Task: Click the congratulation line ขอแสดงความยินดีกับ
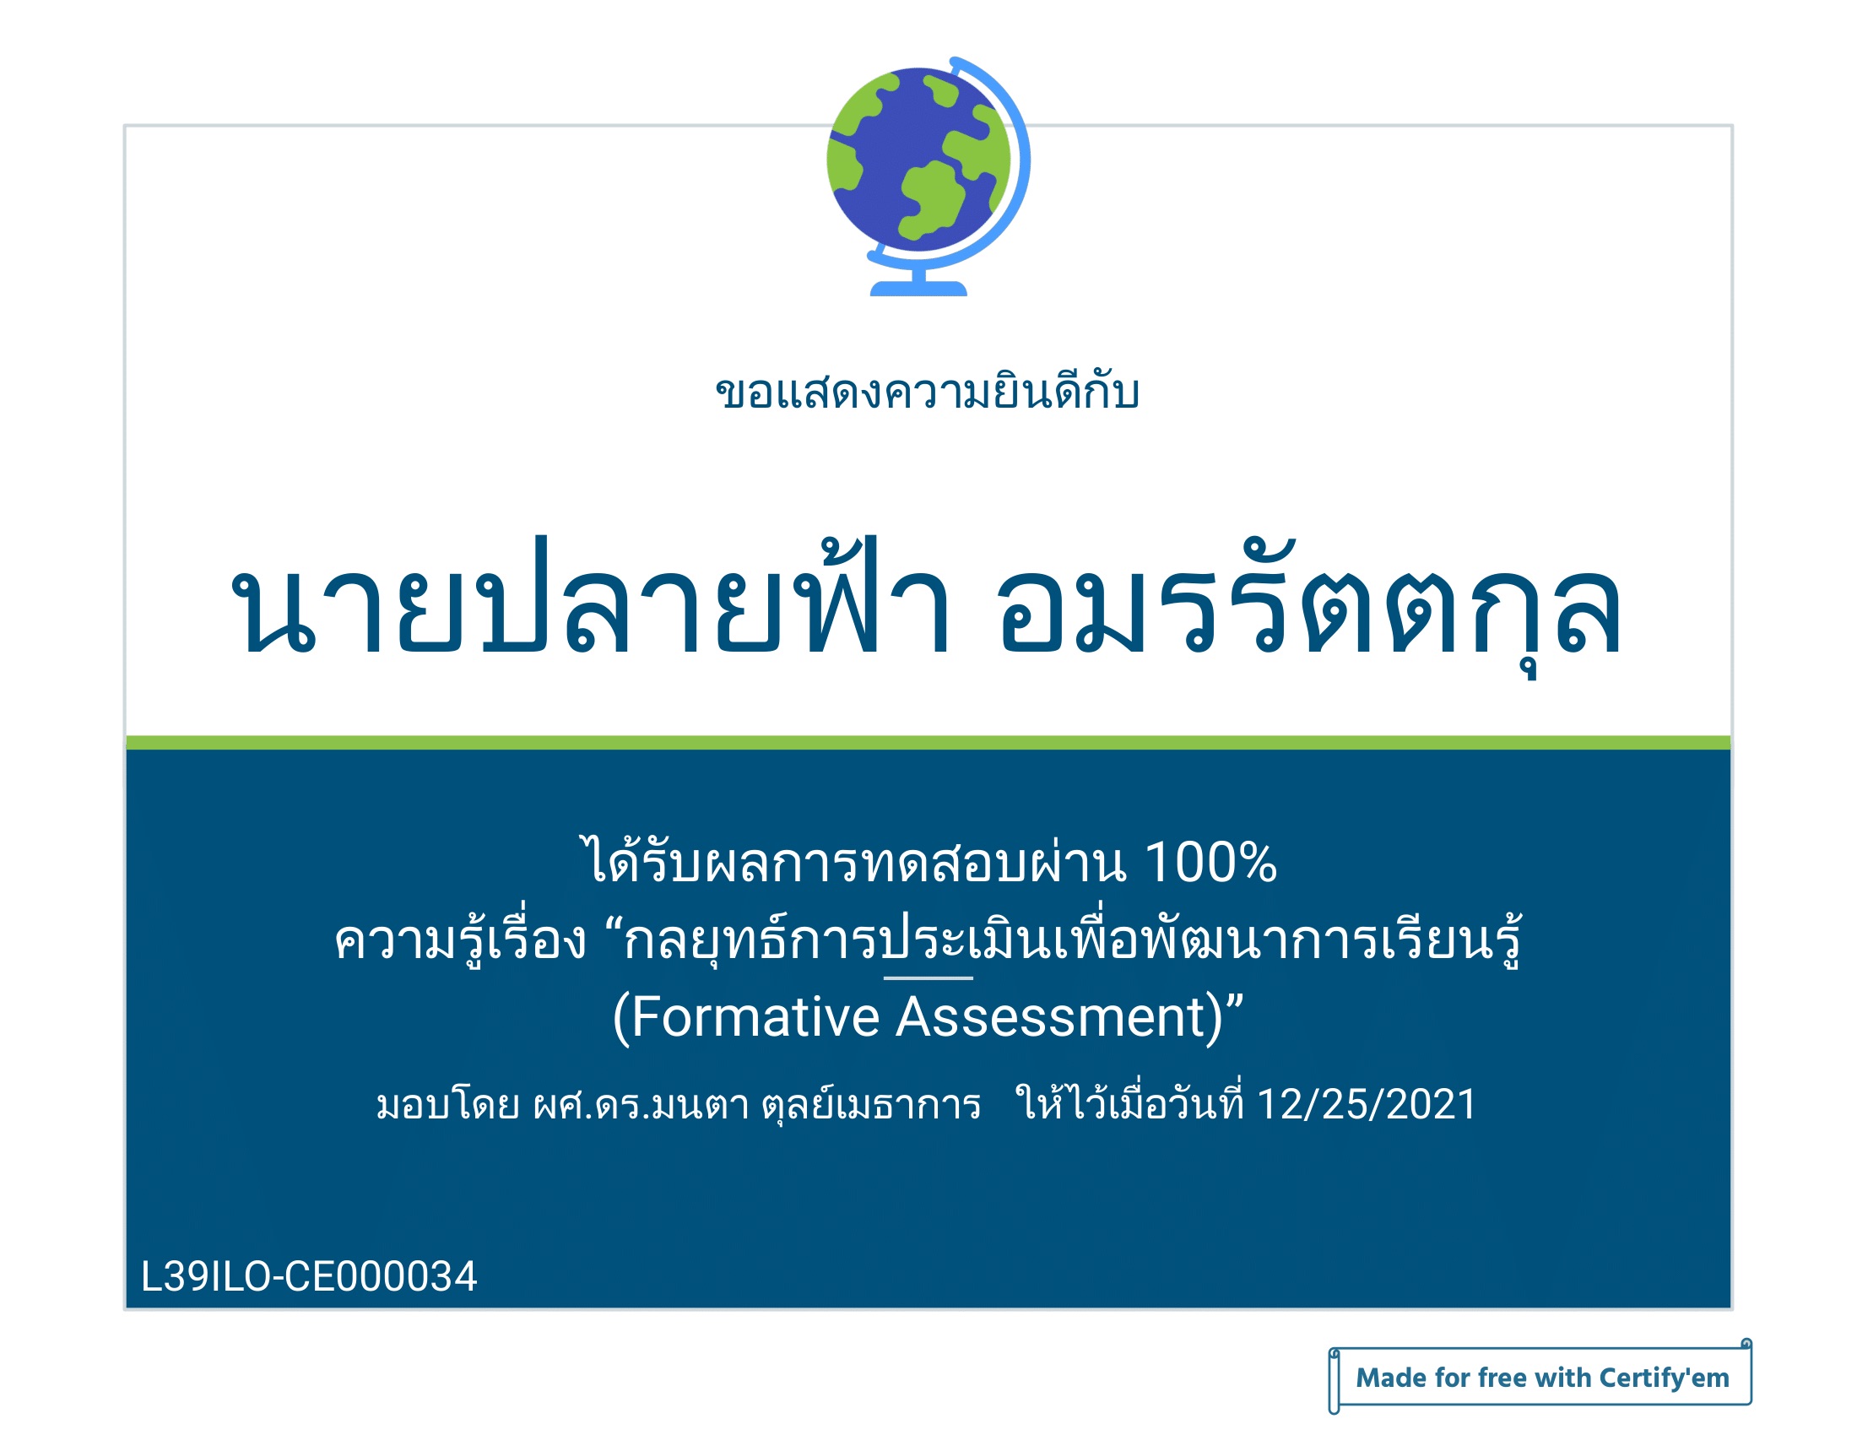[x=928, y=393]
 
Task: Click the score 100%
[x=1210, y=863]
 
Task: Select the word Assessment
[x=1059, y=1017]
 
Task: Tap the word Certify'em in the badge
[x=1664, y=1378]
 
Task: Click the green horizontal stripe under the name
[x=928, y=743]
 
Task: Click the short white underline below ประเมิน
[x=928, y=978]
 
